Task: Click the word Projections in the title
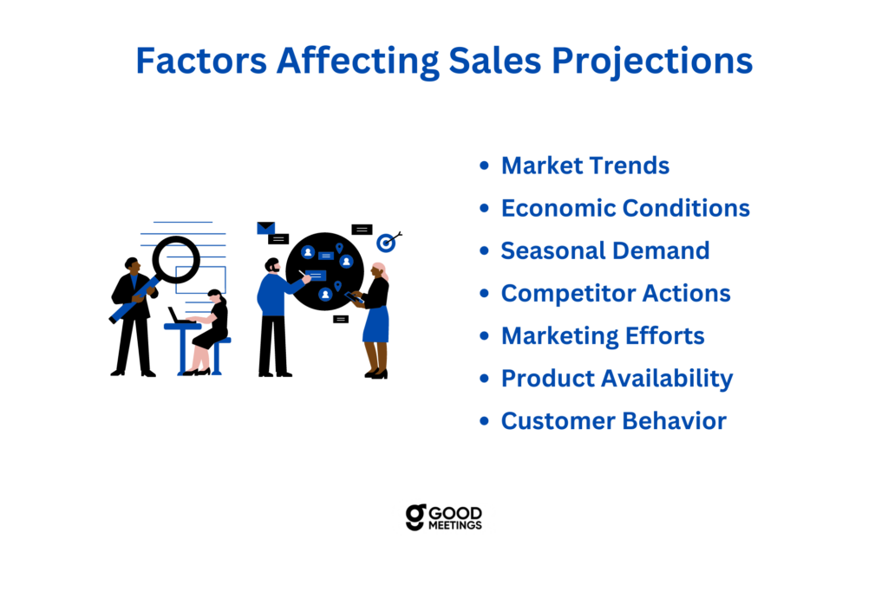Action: [x=652, y=62]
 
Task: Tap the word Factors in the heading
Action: [x=201, y=61]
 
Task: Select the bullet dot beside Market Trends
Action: [x=484, y=166]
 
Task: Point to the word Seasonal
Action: [x=552, y=250]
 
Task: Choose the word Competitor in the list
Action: [x=568, y=294]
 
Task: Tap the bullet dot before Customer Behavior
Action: [x=484, y=421]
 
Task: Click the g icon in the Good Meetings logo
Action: [x=415, y=517]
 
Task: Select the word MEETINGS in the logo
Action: [x=454, y=525]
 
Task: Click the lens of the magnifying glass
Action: [x=176, y=260]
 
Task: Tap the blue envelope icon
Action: [x=265, y=228]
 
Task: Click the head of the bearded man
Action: [x=272, y=265]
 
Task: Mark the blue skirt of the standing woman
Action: [x=376, y=324]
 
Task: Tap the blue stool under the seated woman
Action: [x=218, y=356]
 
